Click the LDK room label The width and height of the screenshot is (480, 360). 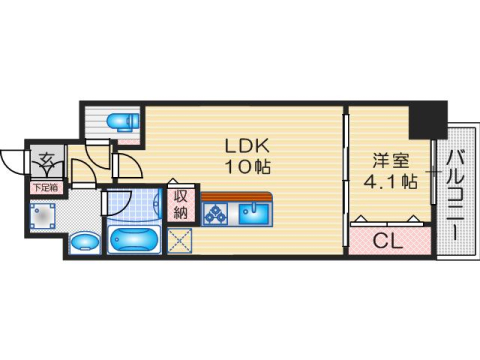point(247,145)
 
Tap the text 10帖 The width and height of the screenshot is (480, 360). point(248,167)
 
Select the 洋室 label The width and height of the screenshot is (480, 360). point(391,161)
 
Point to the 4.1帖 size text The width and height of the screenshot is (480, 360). point(390,182)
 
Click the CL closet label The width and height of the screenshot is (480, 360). point(388,241)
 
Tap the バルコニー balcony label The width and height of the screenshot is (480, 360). point(455,195)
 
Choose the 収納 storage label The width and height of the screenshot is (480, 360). point(181,206)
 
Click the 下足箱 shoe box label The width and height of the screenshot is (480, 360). point(46,188)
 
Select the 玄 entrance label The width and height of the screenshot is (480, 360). point(47,160)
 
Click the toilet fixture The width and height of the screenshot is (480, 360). point(123,121)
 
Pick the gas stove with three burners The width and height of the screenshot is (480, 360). point(215,213)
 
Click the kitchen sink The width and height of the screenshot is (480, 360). point(254,213)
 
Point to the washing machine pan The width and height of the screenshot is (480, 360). point(42,216)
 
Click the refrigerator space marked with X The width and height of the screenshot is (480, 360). point(180,240)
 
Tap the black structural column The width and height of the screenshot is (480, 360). point(428,120)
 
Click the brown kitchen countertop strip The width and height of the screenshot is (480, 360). point(236,196)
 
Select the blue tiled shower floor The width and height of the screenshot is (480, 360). point(133,206)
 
